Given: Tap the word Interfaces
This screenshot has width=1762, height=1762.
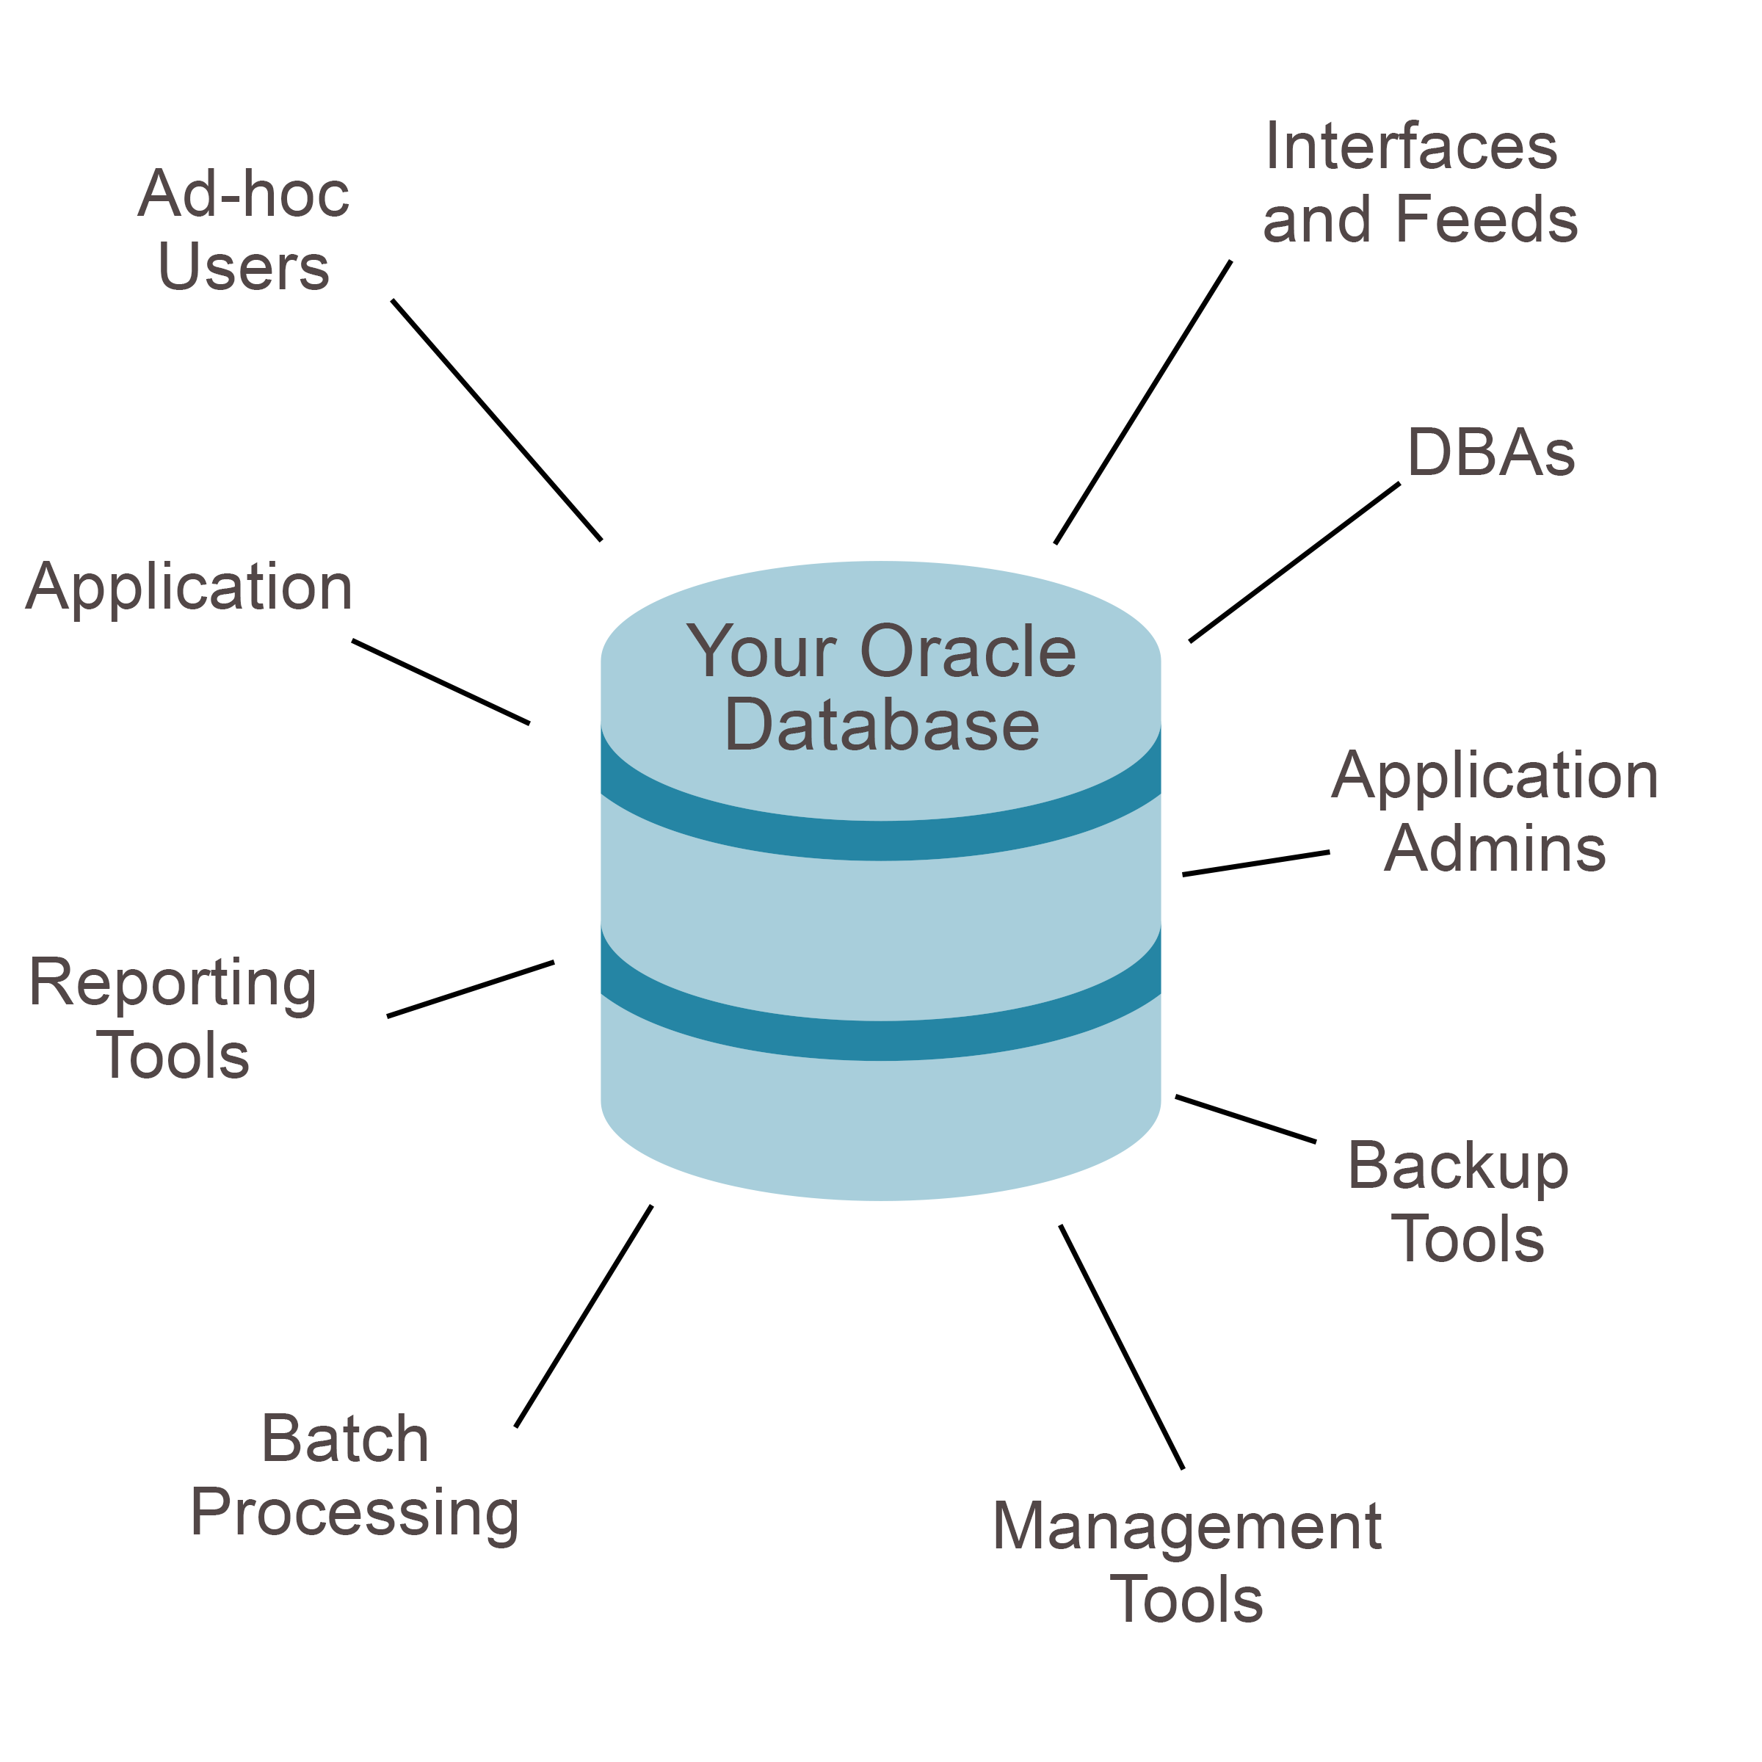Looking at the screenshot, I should point(1411,148).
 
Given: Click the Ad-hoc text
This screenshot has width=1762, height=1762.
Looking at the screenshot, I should point(244,195).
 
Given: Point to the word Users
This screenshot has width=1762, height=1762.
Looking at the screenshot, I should point(244,268).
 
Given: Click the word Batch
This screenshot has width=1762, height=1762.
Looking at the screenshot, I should point(345,1440).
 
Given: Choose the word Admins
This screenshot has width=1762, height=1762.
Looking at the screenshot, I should point(1495,850).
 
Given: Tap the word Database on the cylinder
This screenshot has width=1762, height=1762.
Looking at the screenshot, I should point(882,726).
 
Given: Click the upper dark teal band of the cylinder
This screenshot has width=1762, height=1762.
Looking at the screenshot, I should point(881,840).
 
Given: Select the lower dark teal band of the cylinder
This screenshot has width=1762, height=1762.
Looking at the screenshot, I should point(881,1040).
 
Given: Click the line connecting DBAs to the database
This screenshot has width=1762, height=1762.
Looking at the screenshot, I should point(1294,562).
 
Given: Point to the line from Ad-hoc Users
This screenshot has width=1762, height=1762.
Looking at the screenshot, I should point(497,421).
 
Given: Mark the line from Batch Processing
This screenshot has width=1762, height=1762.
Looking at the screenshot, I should point(584,1316).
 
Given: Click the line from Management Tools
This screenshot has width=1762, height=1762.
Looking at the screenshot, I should point(1121,1346).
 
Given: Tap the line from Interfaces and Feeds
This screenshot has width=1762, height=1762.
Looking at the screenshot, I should point(1143,402).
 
